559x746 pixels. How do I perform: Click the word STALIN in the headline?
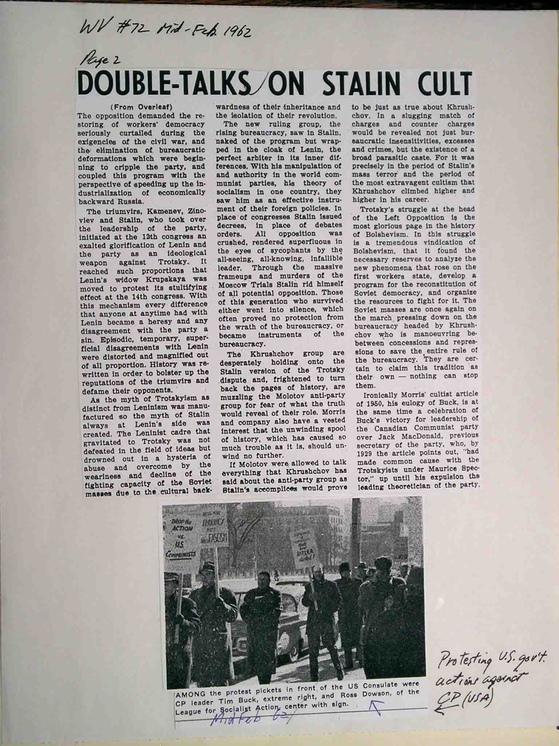click(367, 85)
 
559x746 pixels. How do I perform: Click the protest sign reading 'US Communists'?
click(181, 541)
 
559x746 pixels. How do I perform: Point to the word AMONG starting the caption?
click(188, 685)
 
